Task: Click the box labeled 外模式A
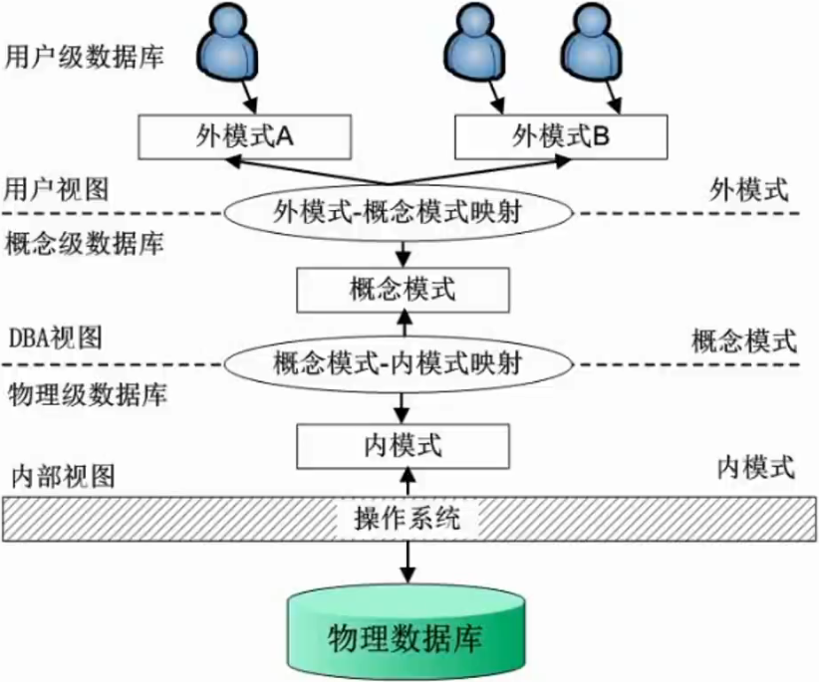tap(243, 136)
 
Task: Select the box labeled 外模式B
tap(560, 136)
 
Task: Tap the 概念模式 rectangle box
tap(404, 290)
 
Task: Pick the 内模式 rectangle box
tap(404, 444)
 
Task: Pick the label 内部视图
tap(62, 474)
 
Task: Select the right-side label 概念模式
tap(742, 341)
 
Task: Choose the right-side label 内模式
tap(755, 465)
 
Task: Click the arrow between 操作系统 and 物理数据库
tap(407, 562)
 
